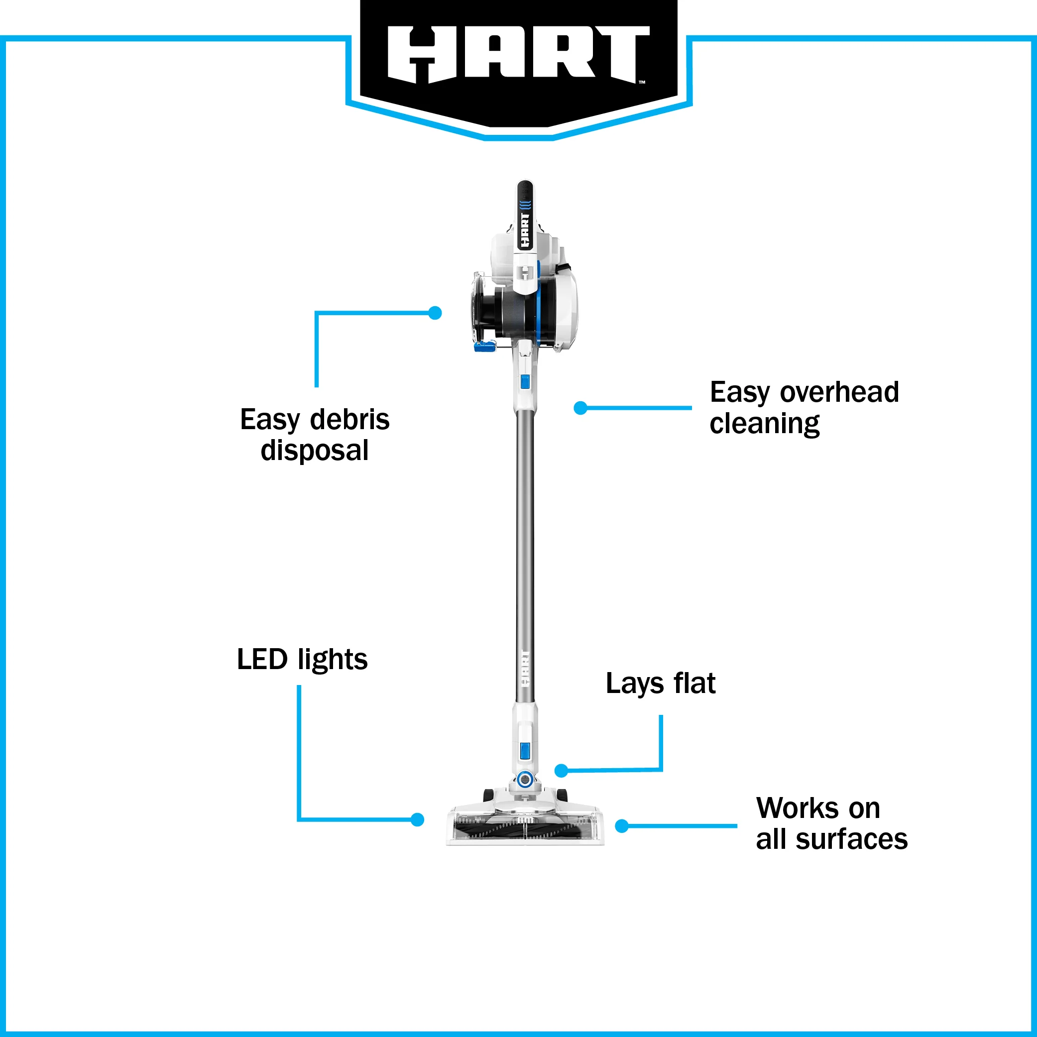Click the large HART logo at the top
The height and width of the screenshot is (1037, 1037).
(x=519, y=55)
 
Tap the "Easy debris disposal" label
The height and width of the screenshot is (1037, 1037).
(x=315, y=435)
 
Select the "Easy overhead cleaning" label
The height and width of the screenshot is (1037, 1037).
(x=804, y=408)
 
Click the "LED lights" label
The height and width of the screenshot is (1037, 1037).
(x=302, y=659)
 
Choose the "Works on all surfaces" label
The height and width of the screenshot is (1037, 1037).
(x=832, y=824)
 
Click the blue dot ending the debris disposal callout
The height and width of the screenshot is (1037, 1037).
(x=435, y=313)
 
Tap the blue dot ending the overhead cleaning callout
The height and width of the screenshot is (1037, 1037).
(x=580, y=408)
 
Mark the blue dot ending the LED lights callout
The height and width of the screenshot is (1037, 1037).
(x=417, y=819)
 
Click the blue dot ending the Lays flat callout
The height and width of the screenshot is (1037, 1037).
(x=561, y=771)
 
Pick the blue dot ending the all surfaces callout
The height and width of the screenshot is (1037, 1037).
(x=622, y=826)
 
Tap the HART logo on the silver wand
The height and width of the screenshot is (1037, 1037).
(x=525, y=668)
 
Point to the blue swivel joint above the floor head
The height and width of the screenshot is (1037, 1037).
(x=524, y=779)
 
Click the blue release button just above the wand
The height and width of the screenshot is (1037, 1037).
(x=525, y=382)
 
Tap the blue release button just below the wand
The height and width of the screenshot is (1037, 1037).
(x=525, y=750)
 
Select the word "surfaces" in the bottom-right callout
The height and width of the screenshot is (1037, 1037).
(x=851, y=839)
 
